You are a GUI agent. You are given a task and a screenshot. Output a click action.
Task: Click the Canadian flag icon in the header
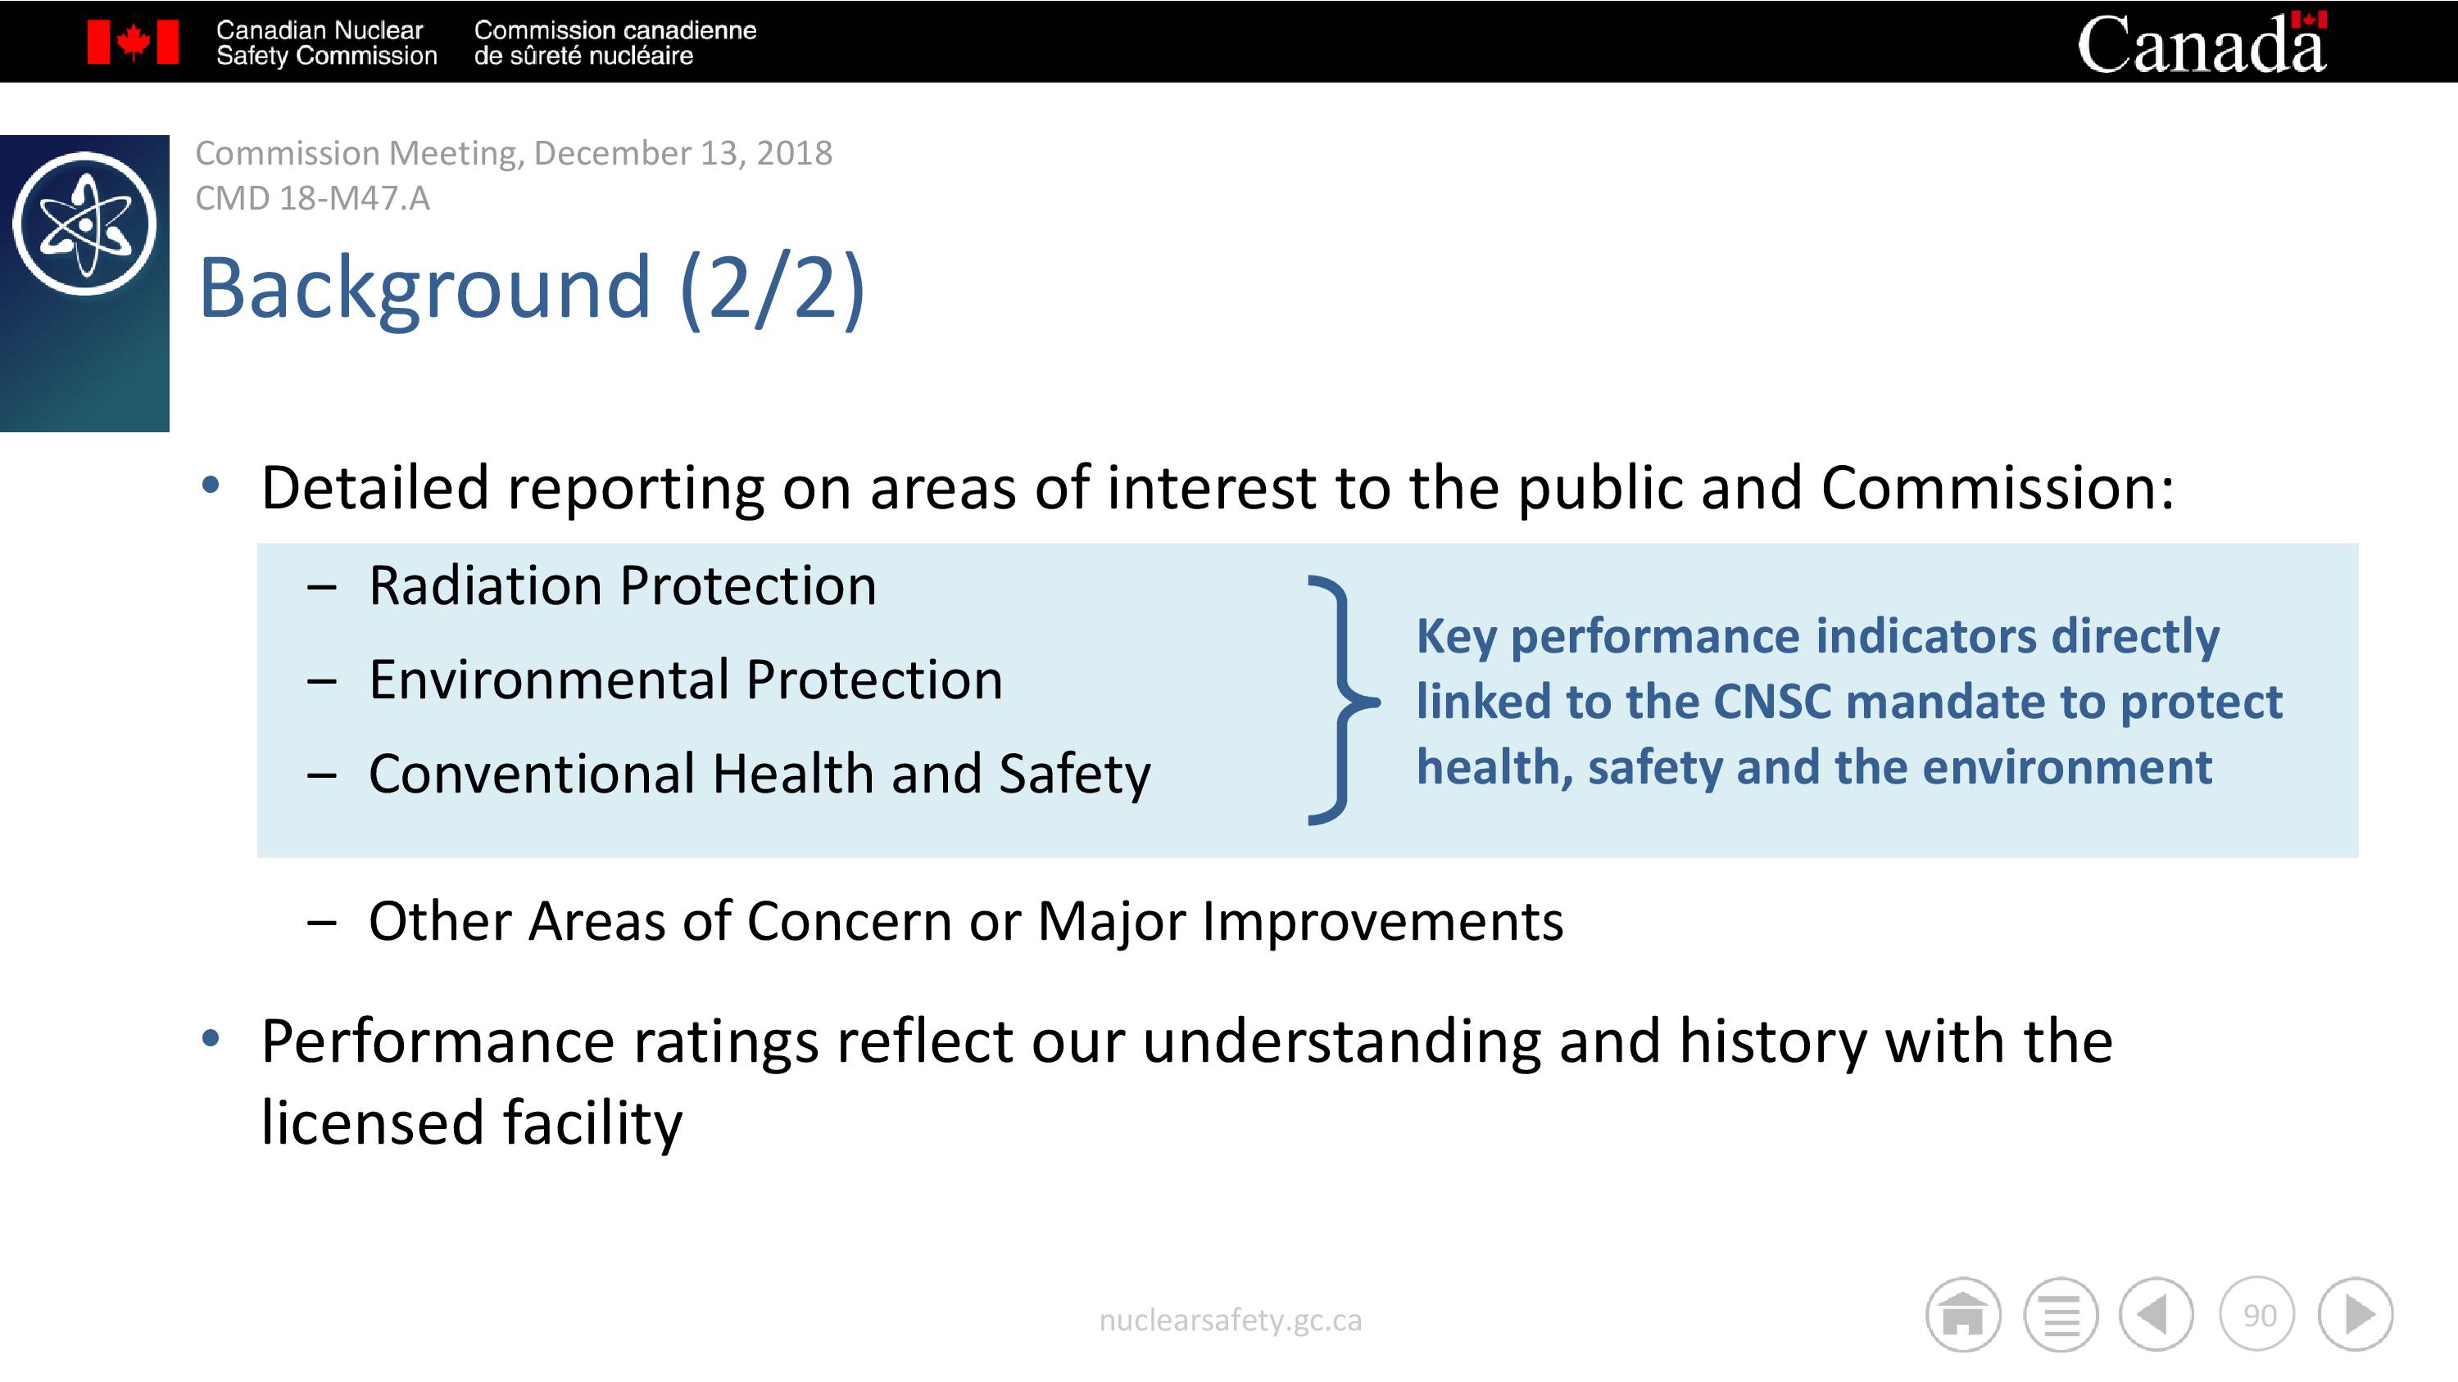click(x=133, y=42)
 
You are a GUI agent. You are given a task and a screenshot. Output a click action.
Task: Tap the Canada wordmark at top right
click(x=2202, y=42)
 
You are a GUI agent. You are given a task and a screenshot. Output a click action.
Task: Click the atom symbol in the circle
click(x=85, y=224)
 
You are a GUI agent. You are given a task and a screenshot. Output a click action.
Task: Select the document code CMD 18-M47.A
click(x=312, y=198)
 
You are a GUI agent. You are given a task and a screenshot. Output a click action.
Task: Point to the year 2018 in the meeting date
click(x=794, y=152)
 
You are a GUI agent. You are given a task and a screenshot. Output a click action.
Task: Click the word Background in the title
click(x=424, y=287)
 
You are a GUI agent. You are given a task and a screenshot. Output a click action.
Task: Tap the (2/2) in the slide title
click(x=773, y=289)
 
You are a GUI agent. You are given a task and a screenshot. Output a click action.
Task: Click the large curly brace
click(x=1343, y=700)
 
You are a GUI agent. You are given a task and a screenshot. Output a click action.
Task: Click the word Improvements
click(x=1383, y=921)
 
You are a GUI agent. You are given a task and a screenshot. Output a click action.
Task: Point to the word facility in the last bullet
click(x=592, y=1122)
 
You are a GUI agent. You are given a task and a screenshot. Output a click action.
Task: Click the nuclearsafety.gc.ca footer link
click(x=1230, y=1320)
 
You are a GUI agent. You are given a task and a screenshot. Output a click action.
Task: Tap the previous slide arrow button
click(x=2156, y=1315)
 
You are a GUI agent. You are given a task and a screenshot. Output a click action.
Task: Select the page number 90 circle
click(x=2257, y=1315)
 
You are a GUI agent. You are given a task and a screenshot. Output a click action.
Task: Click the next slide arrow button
click(x=2356, y=1315)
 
